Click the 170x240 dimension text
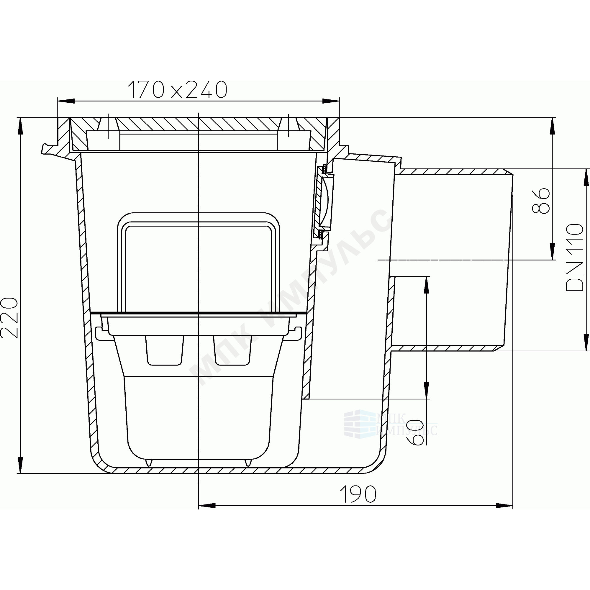177,90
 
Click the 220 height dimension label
9,317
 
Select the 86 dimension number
540,201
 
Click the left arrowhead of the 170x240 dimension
66,101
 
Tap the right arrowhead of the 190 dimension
504,506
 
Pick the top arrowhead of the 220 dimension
20,126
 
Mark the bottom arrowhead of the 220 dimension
20,465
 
